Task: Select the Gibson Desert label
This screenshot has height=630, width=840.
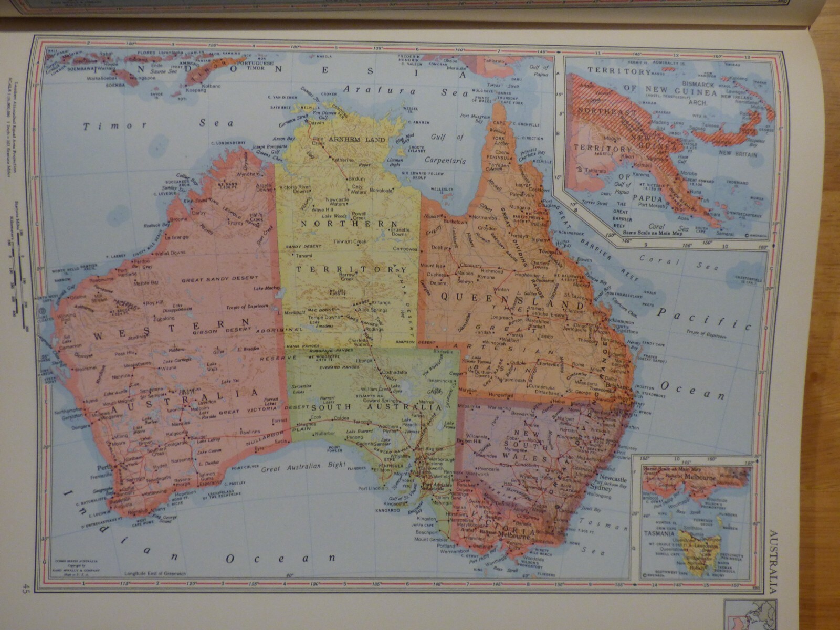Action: click(212, 332)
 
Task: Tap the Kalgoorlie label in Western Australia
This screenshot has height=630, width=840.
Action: click(170, 435)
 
